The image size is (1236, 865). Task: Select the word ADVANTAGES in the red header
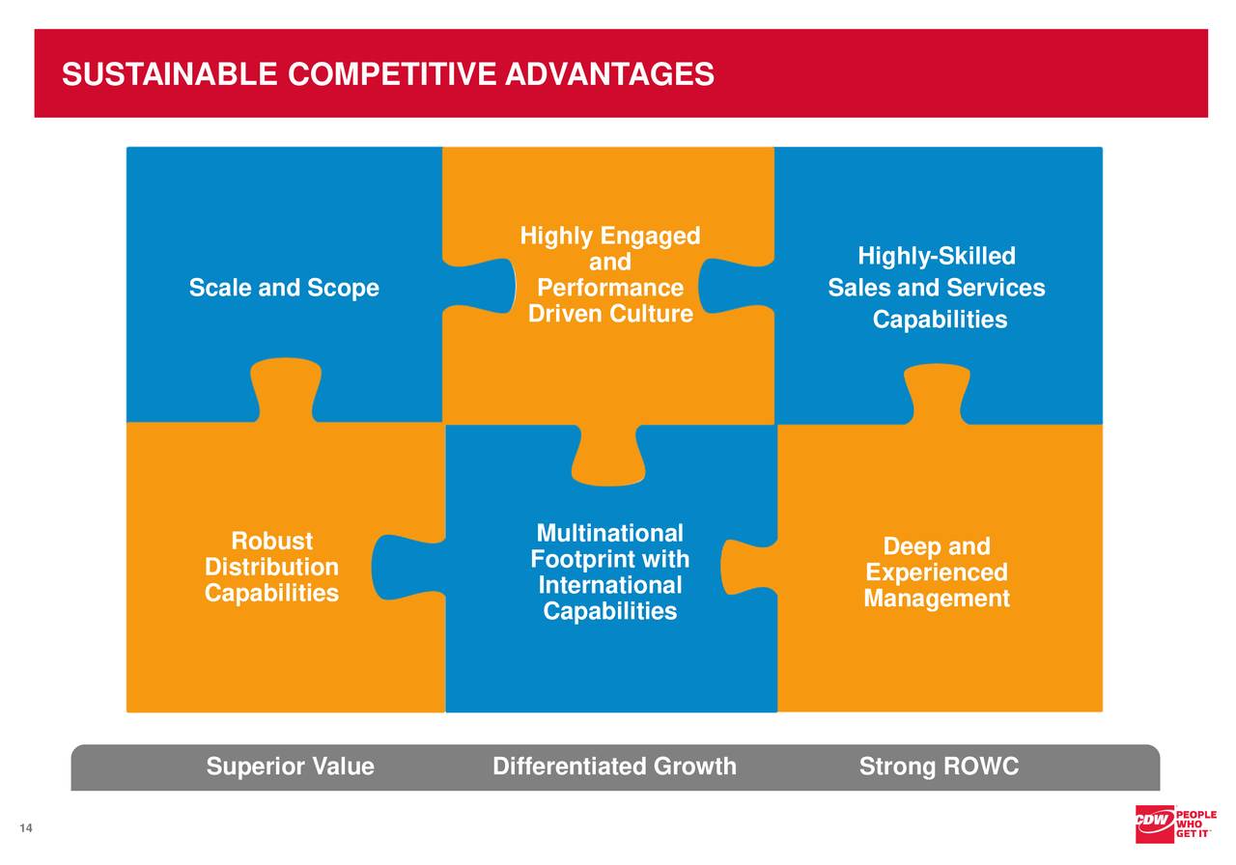pos(609,74)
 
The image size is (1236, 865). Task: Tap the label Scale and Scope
pos(284,288)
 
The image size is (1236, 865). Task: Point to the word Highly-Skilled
pos(936,257)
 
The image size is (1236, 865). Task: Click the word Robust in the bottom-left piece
pos(271,541)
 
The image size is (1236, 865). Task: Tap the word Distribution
pos(271,567)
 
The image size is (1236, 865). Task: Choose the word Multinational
pos(609,534)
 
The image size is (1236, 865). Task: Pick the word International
pos(609,586)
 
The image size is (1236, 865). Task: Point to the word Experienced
pos(936,573)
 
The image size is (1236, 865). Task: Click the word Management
pos(936,600)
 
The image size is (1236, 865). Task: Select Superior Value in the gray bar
pos(290,767)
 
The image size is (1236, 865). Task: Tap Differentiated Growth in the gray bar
pos(614,767)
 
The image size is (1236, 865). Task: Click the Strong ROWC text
pos(939,767)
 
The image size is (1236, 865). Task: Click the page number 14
pos(25,829)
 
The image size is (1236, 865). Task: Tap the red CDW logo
pos(1154,823)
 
